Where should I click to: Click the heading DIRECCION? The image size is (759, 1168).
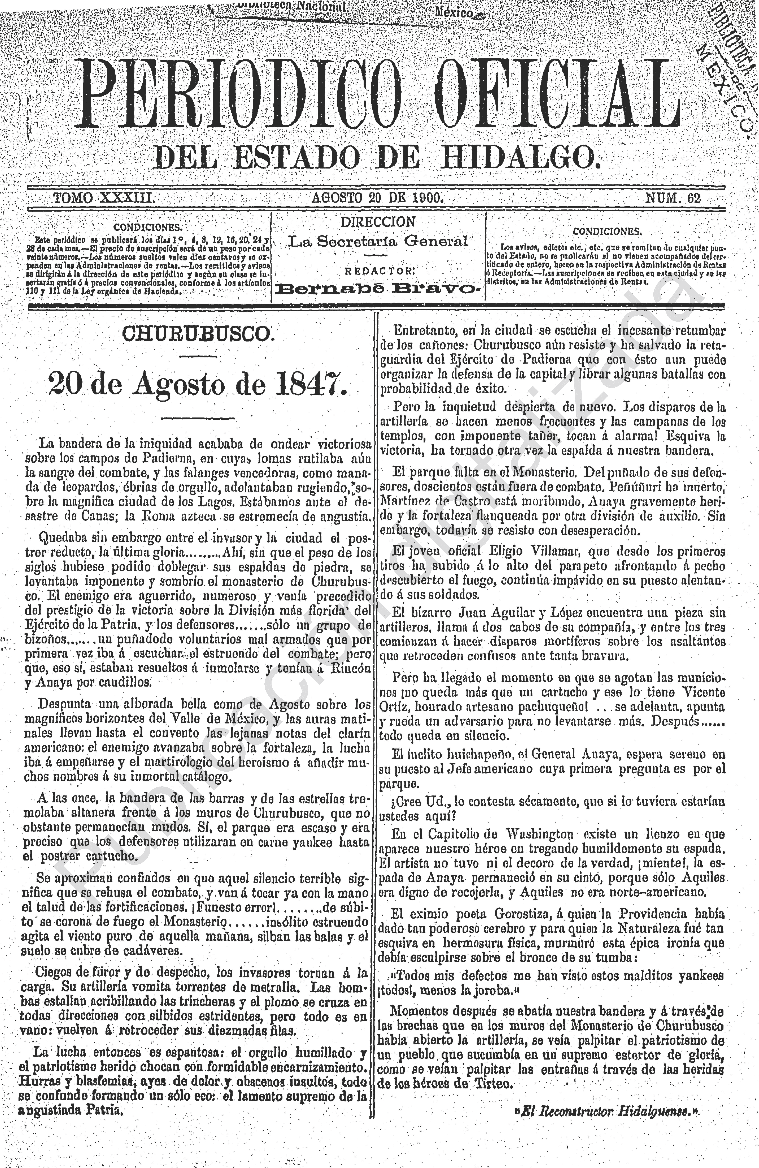point(378,222)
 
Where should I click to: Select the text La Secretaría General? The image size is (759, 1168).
point(378,241)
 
